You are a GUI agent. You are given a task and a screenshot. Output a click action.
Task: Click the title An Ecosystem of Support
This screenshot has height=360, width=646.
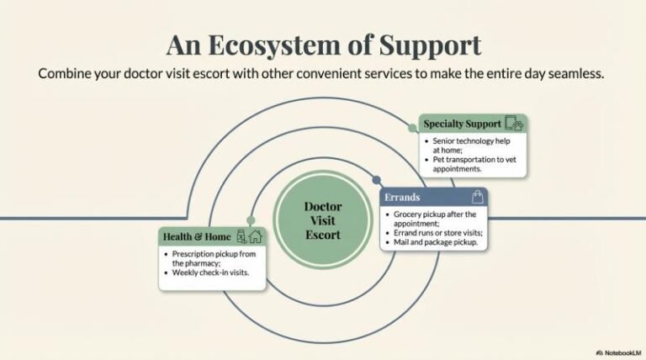pos(323,43)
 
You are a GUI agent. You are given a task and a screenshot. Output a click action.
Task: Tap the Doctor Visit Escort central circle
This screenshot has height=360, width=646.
pos(322,220)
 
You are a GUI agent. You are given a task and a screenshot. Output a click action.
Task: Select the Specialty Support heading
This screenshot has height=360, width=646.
pos(462,124)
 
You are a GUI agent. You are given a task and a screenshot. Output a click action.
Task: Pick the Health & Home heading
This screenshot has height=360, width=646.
pos(197,236)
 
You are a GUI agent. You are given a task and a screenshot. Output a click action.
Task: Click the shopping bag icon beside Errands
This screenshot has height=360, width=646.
pos(478,197)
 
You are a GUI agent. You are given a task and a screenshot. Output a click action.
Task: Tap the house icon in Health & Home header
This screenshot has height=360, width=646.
pos(256,236)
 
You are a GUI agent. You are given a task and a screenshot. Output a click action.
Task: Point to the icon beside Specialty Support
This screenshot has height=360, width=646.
pos(515,124)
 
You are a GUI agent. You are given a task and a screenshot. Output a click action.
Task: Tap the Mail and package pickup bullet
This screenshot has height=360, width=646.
pos(435,242)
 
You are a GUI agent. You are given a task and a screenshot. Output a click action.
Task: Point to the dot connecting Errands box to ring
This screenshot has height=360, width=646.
pos(376,179)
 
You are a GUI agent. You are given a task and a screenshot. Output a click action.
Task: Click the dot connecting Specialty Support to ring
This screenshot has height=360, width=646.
pos(412,128)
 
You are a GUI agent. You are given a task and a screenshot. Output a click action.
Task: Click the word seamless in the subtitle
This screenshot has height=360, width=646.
pos(575,74)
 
